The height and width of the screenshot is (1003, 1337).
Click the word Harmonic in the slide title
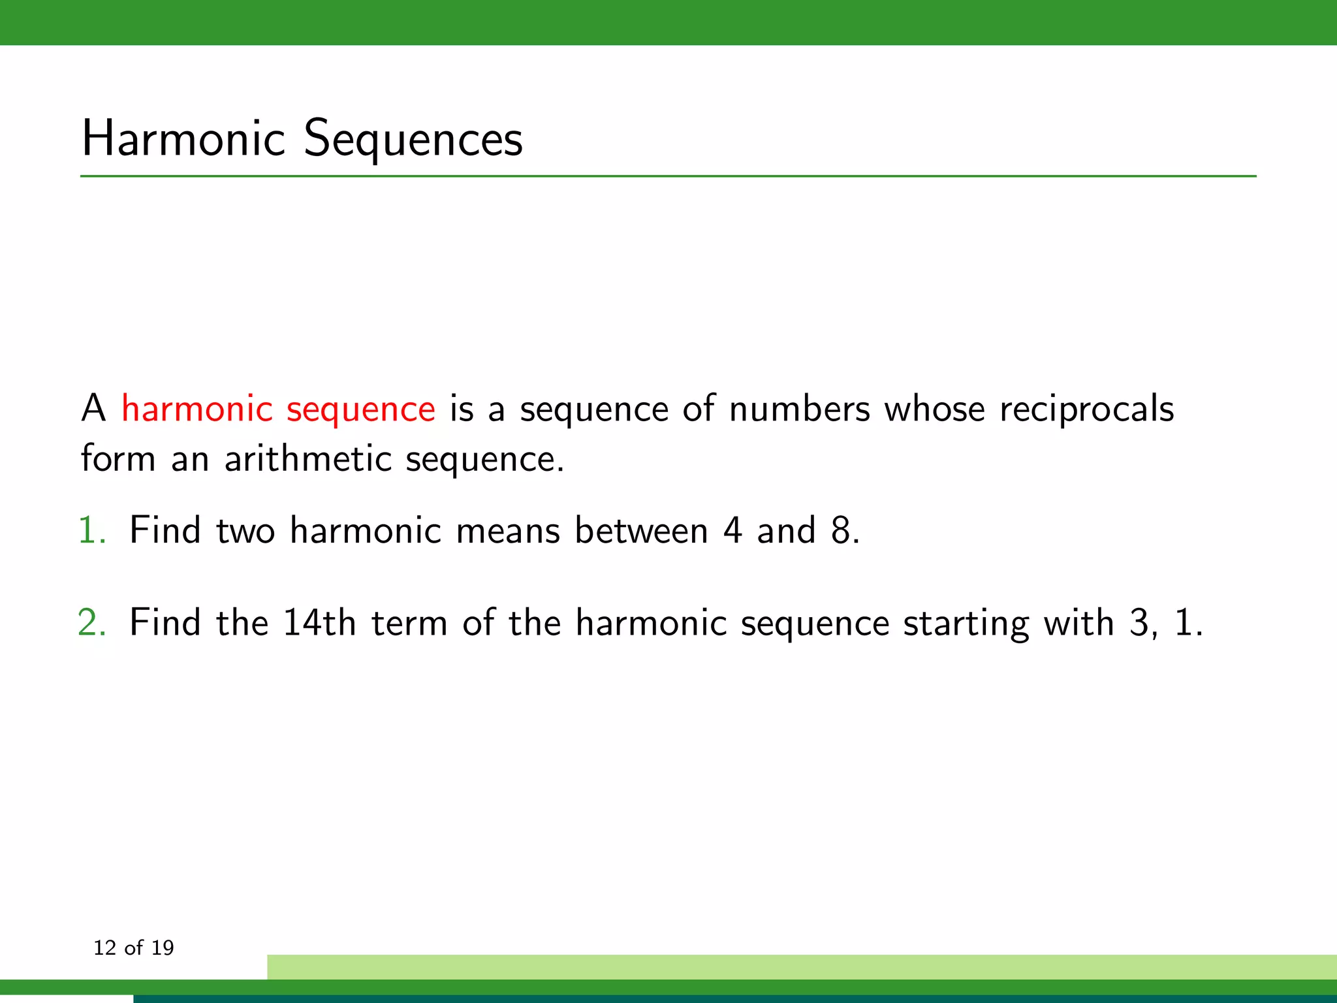pos(183,138)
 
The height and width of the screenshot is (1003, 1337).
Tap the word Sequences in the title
pos(413,140)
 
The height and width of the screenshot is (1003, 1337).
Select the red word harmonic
pos(197,409)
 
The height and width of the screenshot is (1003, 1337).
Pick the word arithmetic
pos(307,458)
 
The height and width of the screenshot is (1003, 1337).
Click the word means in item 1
pos(508,530)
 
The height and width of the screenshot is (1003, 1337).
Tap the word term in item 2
pos(409,623)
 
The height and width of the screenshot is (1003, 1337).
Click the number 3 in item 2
pos(1139,623)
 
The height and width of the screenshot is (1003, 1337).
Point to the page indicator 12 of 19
pos(134,947)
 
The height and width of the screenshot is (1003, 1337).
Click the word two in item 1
pos(245,530)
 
